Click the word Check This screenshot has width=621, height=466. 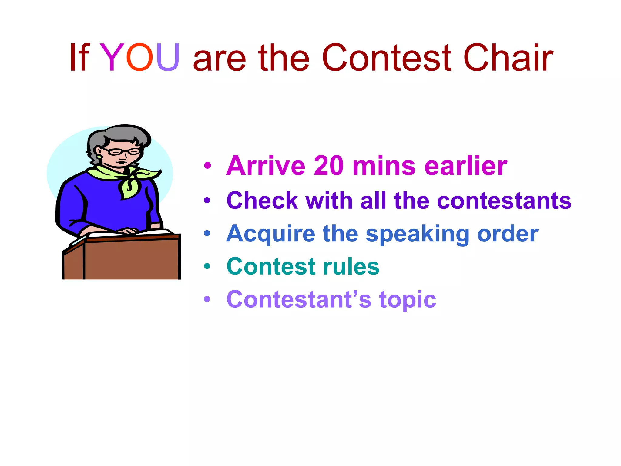coord(262,201)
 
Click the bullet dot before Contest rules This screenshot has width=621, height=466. coord(207,266)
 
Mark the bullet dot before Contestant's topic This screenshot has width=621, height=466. coord(207,299)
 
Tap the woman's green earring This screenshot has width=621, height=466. coord(99,157)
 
